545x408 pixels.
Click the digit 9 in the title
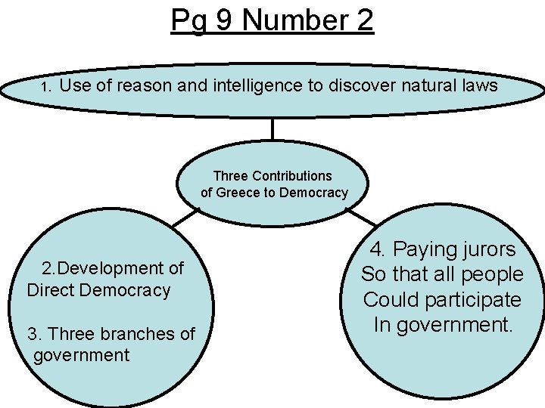tap(223, 20)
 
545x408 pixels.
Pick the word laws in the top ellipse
tap(480, 86)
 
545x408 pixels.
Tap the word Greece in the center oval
tap(237, 193)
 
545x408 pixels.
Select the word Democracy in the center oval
tap(313, 193)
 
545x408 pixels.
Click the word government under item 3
tap(82, 355)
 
